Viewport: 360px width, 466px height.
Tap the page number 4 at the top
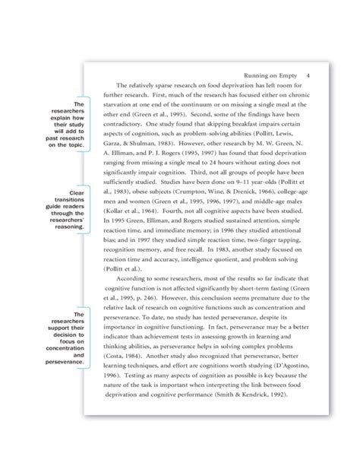[x=307, y=76]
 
